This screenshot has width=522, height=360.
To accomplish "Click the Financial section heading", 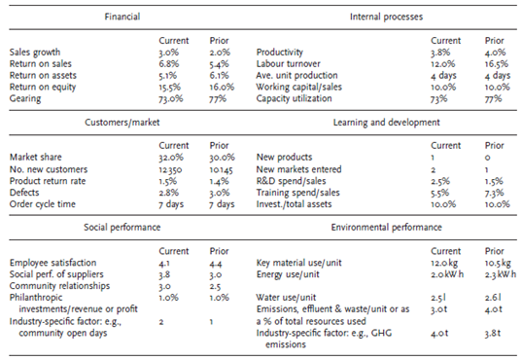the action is point(122,17).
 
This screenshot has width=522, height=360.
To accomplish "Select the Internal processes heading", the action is point(386,17).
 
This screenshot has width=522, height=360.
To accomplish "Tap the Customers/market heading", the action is point(122,123).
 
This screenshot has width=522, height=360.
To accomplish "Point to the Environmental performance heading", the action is point(386,228).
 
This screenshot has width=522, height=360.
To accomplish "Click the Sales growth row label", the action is point(35,53).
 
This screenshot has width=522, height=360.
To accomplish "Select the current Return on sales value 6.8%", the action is point(169,63).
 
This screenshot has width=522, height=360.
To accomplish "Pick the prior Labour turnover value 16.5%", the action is point(497,63).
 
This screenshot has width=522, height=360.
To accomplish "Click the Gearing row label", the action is point(25,98).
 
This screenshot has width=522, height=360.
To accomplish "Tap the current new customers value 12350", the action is point(170,169).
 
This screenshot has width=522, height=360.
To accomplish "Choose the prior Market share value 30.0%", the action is point(222,158).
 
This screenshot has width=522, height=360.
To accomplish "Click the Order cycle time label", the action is point(43,204).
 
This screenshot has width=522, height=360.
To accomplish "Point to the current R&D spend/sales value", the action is point(440,181).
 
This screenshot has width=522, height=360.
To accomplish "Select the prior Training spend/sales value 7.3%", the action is point(495,193).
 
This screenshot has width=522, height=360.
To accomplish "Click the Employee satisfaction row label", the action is point(52,263).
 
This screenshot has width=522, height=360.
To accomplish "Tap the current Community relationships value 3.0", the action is point(164,286).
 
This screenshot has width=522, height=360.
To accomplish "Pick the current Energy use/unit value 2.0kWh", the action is point(447,274).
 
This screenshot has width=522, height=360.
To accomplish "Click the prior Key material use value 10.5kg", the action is point(498,263).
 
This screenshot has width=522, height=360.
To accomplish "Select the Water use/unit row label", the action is point(286,298).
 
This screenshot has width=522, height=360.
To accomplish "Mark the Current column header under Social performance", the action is point(174,251).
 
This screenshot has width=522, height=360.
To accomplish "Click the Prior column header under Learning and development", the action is point(495,146).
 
